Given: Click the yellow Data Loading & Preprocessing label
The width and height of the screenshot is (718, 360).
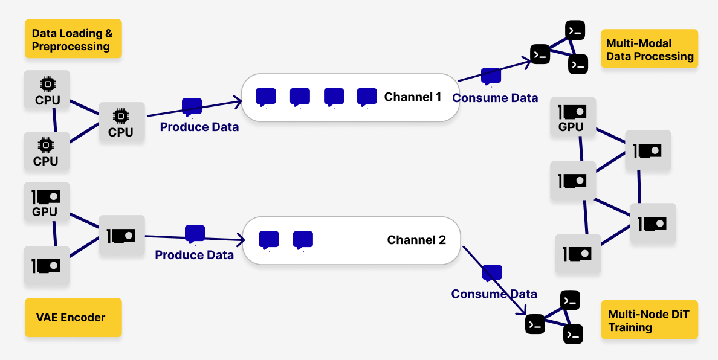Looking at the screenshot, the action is point(73,39).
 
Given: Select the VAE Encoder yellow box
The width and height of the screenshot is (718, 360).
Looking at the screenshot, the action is point(73,318).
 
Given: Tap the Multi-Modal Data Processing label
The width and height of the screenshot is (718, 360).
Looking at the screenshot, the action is point(649,49).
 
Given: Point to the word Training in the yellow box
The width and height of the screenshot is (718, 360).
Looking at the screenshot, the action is point(630,327).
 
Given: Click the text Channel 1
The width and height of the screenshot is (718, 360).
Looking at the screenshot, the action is point(413,97).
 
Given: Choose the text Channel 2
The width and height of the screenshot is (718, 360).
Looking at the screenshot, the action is point(416,240).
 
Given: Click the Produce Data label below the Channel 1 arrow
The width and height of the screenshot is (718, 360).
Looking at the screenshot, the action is point(199,127).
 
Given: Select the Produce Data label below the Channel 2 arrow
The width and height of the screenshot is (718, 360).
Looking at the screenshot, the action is point(194,255).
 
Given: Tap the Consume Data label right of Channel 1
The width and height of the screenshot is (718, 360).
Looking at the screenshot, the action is point(495,98).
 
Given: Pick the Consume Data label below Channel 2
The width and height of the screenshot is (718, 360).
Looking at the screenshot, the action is point(494,294).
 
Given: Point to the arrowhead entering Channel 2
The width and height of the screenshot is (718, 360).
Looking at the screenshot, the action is point(239,239).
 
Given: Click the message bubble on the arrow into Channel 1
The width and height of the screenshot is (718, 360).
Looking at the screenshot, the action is point(192,107).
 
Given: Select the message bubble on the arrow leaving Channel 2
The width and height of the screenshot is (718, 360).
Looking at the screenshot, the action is point(492,273).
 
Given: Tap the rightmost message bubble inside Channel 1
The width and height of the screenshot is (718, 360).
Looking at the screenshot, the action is point(367,97).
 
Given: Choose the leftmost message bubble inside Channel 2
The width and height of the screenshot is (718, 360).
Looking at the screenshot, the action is point(269,240).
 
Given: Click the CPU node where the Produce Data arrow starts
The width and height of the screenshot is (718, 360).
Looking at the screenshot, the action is point(122,122).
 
